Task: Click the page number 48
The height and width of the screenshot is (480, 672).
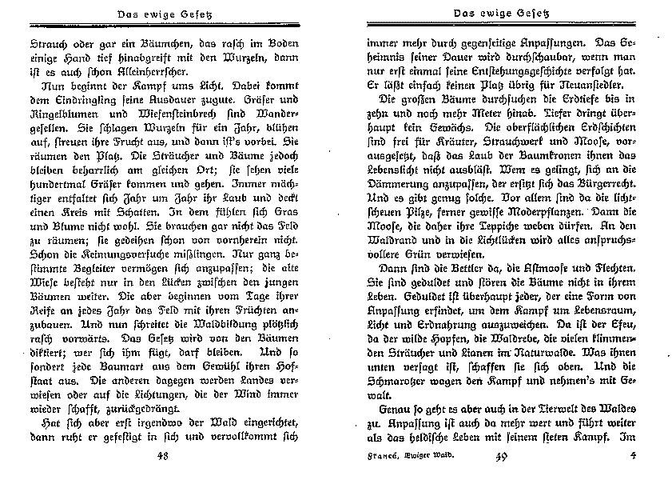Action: tap(162, 457)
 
